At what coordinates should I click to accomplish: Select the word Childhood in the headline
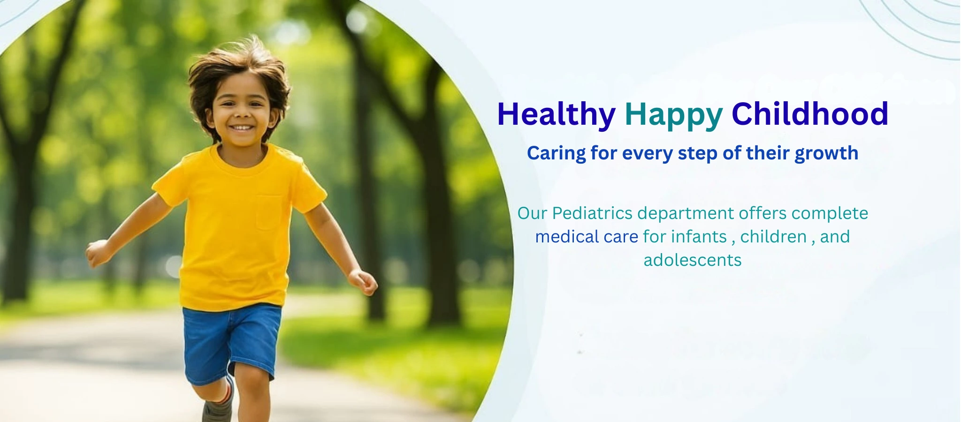[810, 114]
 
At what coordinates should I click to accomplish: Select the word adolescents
[693, 260]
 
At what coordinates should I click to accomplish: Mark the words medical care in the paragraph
[587, 237]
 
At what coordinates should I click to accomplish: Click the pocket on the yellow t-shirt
[268, 212]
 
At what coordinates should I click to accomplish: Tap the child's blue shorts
[231, 342]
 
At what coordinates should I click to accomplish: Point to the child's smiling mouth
[242, 128]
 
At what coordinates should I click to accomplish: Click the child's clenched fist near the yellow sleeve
[98, 253]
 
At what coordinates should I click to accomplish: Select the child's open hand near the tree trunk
[363, 282]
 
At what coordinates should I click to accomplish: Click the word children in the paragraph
[773, 237]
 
